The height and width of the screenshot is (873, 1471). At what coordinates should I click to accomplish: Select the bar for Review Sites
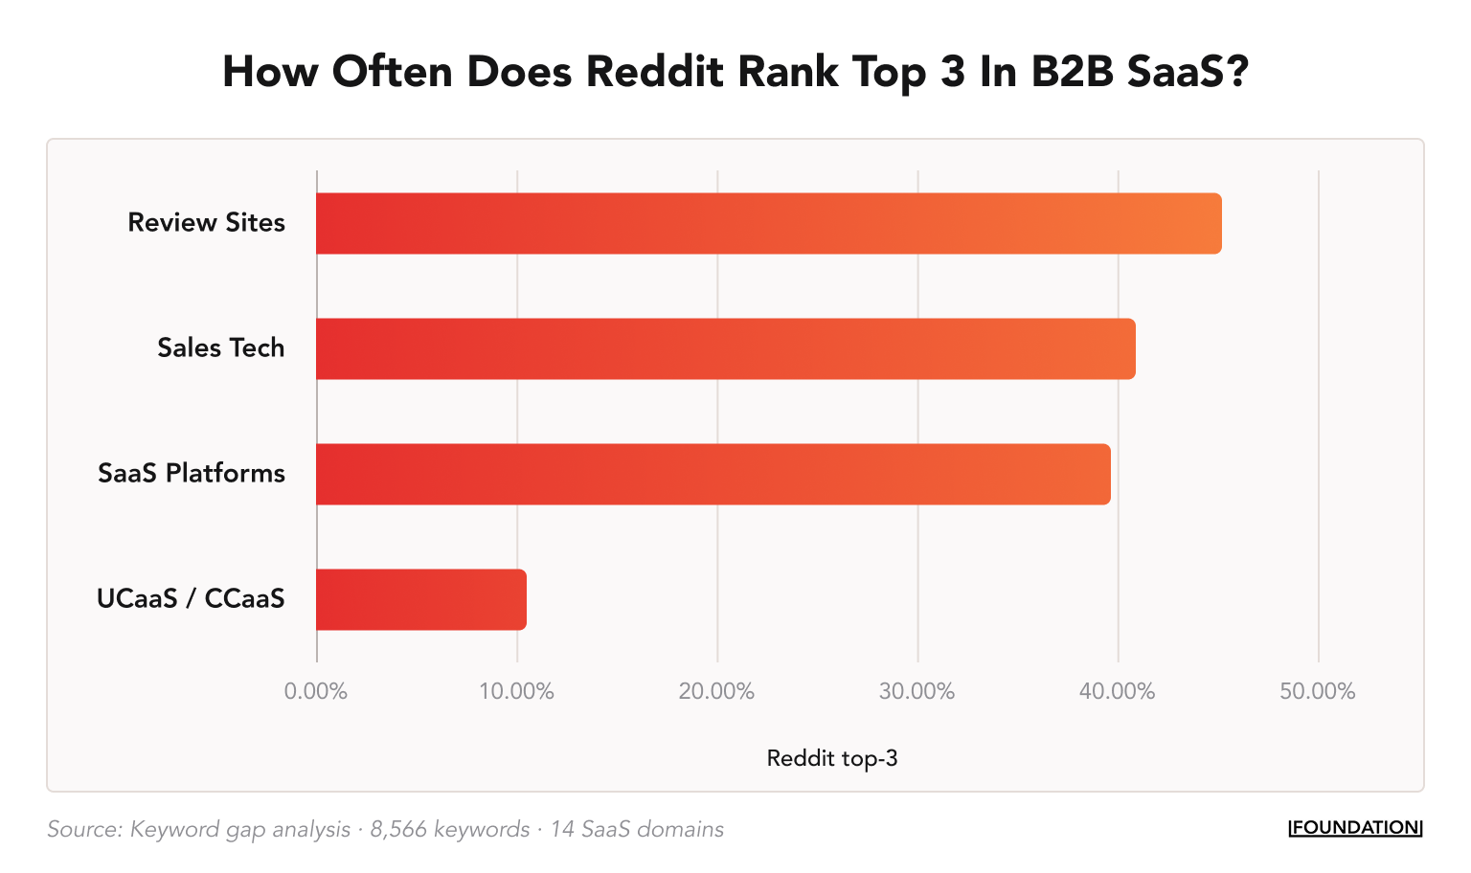click(x=768, y=223)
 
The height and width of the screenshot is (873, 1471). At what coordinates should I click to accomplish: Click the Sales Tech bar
click(x=725, y=348)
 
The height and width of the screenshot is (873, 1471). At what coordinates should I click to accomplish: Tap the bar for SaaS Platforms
click(x=713, y=474)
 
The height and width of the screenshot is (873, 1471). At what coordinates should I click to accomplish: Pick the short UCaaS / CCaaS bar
click(x=420, y=599)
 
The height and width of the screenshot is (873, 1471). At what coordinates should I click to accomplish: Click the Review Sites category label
click(x=206, y=222)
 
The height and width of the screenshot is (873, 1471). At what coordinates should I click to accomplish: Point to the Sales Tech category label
click(x=220, y=347)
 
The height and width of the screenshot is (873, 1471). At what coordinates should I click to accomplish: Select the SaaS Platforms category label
click(x=192, y=473)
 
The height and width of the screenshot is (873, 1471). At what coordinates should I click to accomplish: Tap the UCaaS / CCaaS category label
click(x=191, y=598)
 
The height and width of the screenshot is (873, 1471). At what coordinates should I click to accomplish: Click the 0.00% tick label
click(x=316, y=691)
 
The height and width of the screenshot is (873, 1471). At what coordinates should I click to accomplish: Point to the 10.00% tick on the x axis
click(x=516, y=691)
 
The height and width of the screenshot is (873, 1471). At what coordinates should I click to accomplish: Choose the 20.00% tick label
click(x=716, y=691)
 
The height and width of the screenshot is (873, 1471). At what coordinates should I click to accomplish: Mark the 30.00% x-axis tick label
click(x=917, y=691)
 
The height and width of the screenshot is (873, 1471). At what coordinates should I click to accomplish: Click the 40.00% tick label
click(x=1117, y=691)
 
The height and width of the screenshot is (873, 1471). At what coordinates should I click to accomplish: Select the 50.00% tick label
click(x=1317, y=691)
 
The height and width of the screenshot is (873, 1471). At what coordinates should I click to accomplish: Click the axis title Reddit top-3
click(x=831, y=759)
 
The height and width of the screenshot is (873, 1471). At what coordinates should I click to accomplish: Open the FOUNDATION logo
click(x=1355, y=828)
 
